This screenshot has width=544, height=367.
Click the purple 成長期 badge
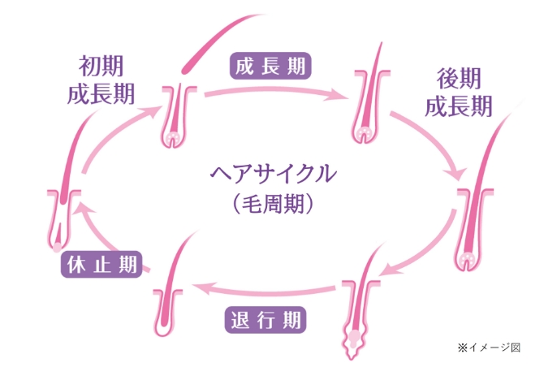click(x=271, y=66)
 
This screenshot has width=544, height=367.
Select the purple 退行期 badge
click(x=266, y=318)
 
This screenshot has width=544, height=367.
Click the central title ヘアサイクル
click(x=272, y=174)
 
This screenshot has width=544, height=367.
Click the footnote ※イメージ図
click(x=489, y=347)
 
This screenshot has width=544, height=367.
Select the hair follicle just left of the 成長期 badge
click(x=176, y=114)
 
